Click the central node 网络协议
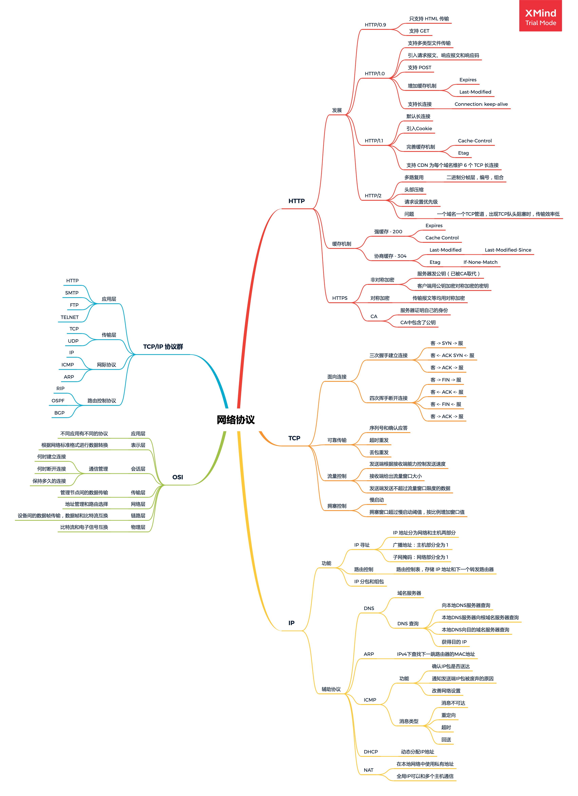(236, 420)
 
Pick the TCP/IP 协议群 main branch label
(163, 347)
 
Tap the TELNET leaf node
(70, 317)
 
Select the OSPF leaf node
(58, 401)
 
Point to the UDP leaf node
(73, 341)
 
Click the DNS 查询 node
(408, 624)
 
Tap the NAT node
(368, 770)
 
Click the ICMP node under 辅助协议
(370, 700)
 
